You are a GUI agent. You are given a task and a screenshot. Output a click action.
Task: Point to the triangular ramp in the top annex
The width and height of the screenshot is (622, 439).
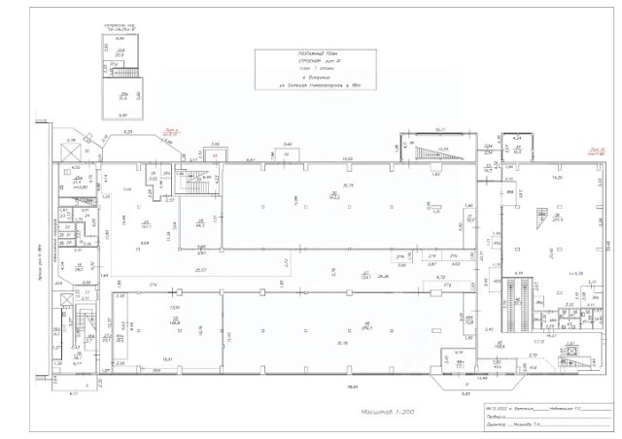428,152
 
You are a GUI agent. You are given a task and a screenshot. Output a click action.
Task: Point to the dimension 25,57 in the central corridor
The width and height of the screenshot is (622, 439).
202,269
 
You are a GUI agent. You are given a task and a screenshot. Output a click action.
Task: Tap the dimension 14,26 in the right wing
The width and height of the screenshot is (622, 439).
558,179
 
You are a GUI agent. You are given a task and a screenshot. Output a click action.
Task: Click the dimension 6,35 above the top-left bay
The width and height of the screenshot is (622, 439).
127,131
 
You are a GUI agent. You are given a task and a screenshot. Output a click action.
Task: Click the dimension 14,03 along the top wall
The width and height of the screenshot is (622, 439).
346,158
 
